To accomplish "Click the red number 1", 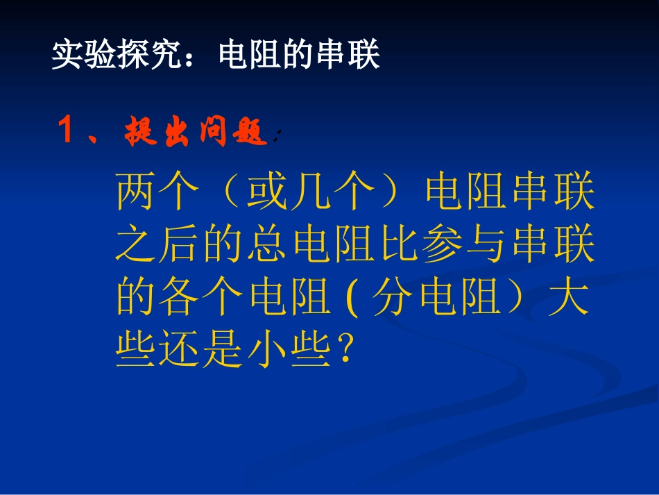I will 67,131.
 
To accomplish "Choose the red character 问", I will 213,131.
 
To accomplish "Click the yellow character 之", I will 139,247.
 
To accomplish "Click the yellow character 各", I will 182,300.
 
